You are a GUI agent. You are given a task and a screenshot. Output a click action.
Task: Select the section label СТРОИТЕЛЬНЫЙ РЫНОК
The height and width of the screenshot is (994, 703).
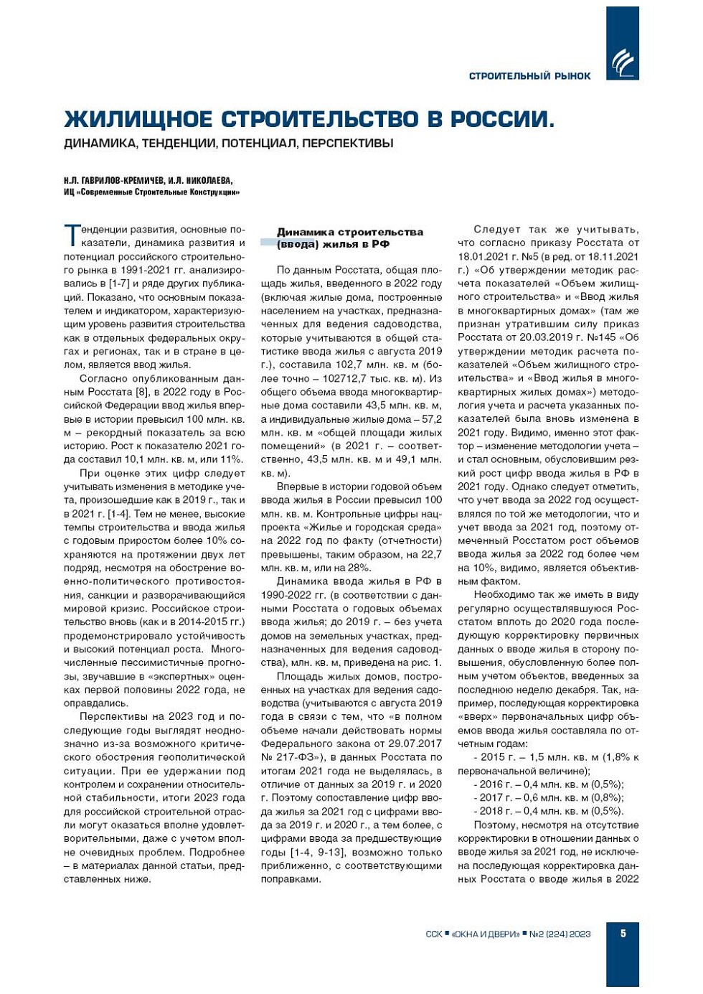(x=529, y=76)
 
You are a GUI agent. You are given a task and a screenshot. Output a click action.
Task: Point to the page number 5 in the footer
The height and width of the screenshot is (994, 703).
(x=623, y=933)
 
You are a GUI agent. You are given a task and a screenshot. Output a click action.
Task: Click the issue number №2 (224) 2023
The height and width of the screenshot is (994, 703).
(x=560, y=934)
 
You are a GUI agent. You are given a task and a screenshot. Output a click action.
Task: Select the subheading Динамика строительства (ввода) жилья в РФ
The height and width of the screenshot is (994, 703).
(x=349, y=238)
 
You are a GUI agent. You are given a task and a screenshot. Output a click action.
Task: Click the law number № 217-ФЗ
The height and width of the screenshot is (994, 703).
(x=290, y=757)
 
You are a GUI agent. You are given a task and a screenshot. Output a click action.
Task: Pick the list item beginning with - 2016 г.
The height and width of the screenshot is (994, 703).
(x=548, y=784)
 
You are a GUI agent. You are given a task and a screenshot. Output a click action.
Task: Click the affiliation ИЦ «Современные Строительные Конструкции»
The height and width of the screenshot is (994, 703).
(x=151, y=192)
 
